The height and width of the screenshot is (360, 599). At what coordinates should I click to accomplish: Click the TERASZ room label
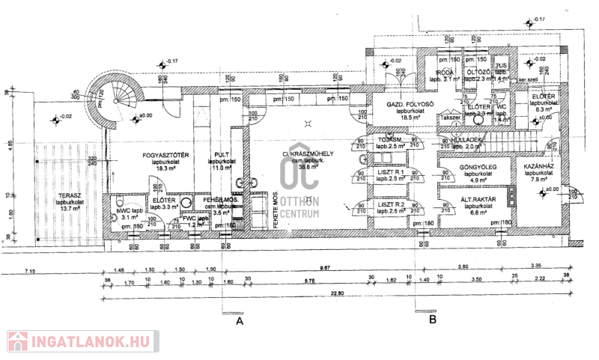click(x=70, y=197)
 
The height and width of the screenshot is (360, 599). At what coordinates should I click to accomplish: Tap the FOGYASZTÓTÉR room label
click(x=165, y=156)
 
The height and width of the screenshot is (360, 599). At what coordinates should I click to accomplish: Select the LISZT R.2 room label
click(x=391, y=204)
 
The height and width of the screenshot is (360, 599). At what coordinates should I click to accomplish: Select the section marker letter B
click(x=433, y=320)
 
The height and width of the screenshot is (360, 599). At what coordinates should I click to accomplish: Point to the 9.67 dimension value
click(x=324, y=267)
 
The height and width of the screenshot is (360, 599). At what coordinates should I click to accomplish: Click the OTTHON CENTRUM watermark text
click(x=299, y=207)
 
